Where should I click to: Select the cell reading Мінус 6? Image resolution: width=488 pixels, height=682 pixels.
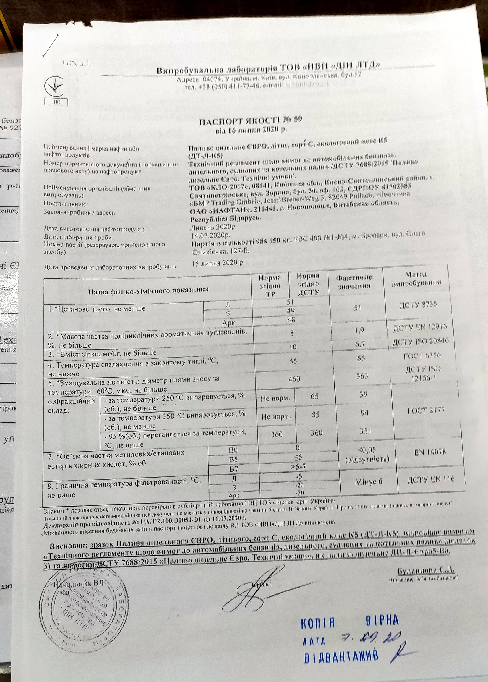coord(369,482)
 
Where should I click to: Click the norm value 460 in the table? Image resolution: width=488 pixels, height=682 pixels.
coord(294,379)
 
